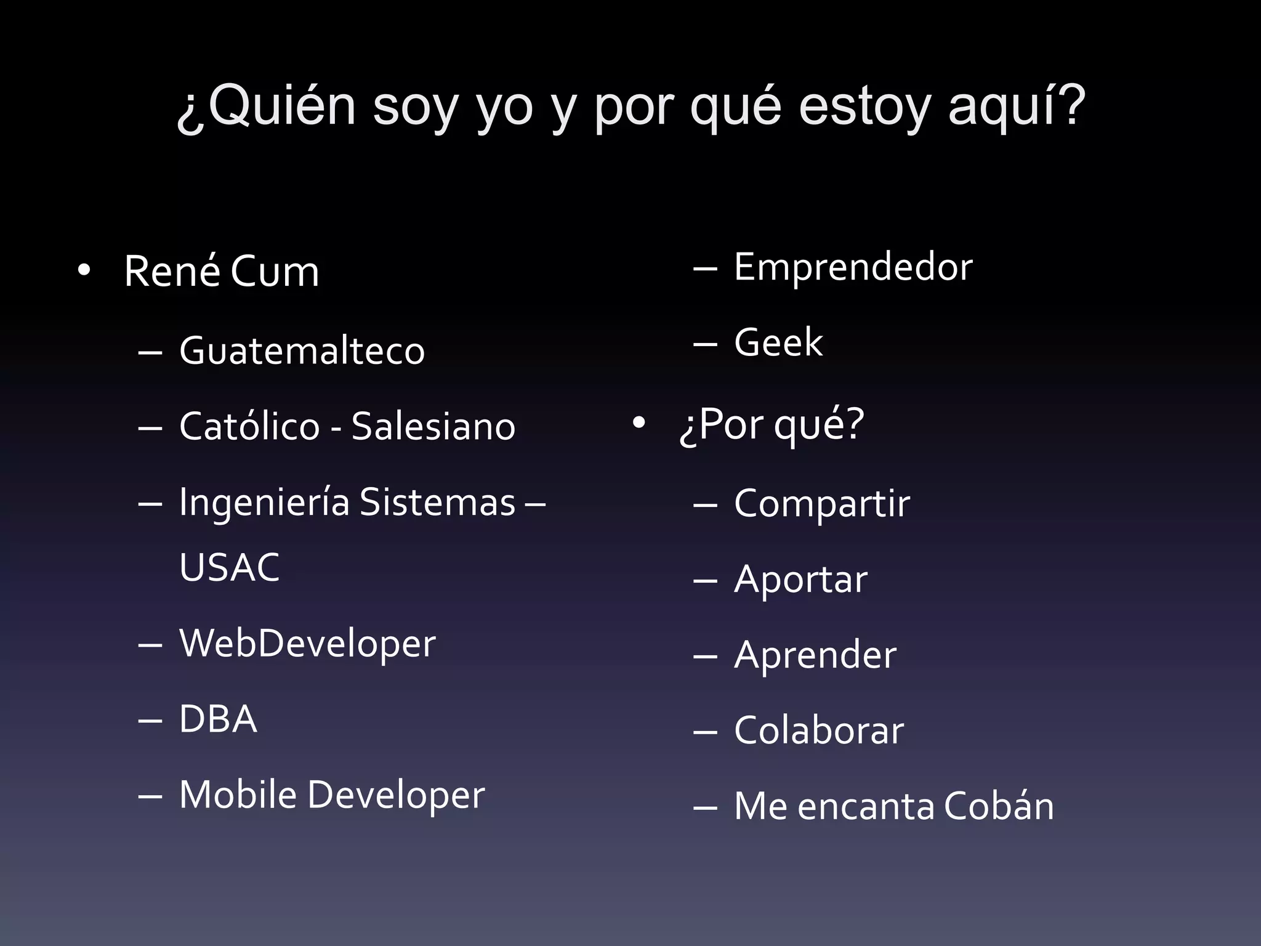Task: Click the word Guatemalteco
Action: (x=302, y=350)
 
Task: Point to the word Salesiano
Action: (x=433, y=426)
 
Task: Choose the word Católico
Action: (x=249, y=426)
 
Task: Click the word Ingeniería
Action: (x=265, y=503)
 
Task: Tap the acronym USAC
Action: (x=229, y=567)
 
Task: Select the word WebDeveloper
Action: (x=307, y=644)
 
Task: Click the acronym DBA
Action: (x=218, y=719)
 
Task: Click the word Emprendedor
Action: (x=853, y=267)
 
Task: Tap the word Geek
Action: (x=778, y=342)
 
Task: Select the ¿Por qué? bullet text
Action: (x=772, y=425)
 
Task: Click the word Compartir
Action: (x=821, y=504)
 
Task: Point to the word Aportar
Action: (x=800, y=580)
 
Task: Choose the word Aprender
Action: (x=815, y=655)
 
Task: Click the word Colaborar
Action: (x=819, y=730)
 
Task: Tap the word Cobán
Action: (x=998, y=806)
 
